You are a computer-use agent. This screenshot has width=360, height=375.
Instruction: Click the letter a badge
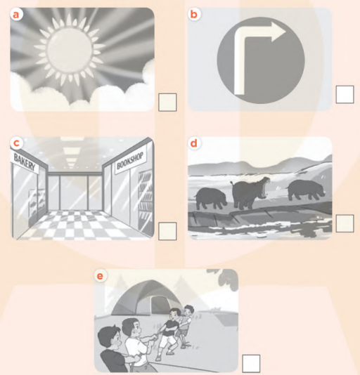pyautogui.click(x=15, y=15)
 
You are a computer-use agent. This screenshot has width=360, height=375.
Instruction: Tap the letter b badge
pyautogui.click(x=193, y=14)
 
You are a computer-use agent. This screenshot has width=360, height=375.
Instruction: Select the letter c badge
pyautogui.click(x=16, y=143)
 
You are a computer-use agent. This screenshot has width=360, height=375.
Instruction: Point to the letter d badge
pyautogui.click(x=193, y=143)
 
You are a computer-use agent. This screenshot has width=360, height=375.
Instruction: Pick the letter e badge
pyautogui.click(x=100, y=276)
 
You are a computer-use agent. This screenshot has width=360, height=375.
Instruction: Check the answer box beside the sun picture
pyautogui.click(x=167, y=103)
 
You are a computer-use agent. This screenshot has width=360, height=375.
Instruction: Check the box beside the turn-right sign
pyautogui.click(x=345, y=95)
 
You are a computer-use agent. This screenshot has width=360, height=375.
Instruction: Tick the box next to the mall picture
pyautogui.click(x=167, y=231)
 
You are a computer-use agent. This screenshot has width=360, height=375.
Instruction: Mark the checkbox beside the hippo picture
pyautogui.click(x=345, y=223)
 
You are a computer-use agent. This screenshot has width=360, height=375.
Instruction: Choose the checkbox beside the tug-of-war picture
pyautogui.click(x=251, y=364)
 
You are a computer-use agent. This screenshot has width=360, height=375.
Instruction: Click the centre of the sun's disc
pyautogui.click(x=70, y=49)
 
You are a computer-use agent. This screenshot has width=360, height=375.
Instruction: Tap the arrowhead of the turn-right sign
pyautogui.click(x=278, y=32)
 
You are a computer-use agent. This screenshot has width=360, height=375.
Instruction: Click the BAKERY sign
pyautogui.click(x=25, y=162)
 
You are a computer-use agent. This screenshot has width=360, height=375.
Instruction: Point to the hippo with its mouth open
pyautogui.click(x=250, y=192)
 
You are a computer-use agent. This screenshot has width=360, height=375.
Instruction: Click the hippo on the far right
pyautogui.click(x=306, y=190)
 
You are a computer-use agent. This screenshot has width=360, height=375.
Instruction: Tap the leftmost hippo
pyautogui.click(x=211, y=198)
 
